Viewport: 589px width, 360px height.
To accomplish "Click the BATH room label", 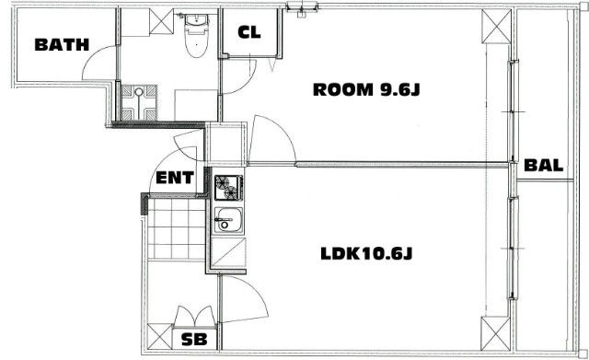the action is pyautogui.click(x=62, y=45).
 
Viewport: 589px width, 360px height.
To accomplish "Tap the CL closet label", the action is pyautogui.click(x=249, y=33).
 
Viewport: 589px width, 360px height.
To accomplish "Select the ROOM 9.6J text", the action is pyautogui.click(x=366, y=90).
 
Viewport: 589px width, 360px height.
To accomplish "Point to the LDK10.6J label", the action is pyautogui.click(x=366, y=253).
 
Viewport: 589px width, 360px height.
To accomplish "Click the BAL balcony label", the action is pyautogui.click(x=544, y=166).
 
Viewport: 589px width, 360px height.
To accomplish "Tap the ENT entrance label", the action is pyautogui.click(x=175, y=178).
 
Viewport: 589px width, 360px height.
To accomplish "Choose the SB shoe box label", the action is pyautogui.click(x=194, y=340).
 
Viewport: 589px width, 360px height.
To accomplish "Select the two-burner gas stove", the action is pyautogui.click(x=228, y=188).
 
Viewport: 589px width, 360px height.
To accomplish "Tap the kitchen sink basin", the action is pyautogui.click(x=228, y=219).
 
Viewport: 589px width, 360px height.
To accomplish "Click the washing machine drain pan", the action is pyautogui.click(x=139, y=102).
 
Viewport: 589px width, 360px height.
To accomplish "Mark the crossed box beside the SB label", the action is pyautogui.click(x=159, y=336).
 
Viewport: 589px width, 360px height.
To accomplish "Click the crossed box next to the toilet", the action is pyautogui.click(x=162, y=21).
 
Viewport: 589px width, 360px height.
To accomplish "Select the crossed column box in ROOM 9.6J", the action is pyautogui.click(x=496, y=27).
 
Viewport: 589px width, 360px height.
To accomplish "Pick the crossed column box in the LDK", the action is pyautogui.click(x=496, y=333).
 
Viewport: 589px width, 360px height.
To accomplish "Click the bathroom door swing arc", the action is pyautogui.click(x=92, y=54).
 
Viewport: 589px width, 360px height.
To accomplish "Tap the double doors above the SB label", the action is pyautogui.click(x=194, y=317).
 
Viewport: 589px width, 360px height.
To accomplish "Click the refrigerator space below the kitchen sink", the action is pyautogui.click(x=228, y=253).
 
